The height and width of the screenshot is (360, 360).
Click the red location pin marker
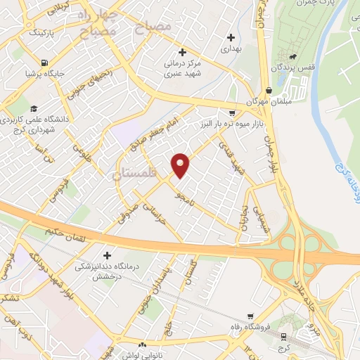pyautogui.click(x=181, y=165)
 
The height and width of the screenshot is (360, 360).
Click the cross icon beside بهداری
pyautogui.click(x=231, y=37)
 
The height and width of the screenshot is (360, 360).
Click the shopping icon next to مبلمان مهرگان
pyautogui.click(x=270, y=89)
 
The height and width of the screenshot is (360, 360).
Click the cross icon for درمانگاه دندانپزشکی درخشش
pyautogui.click(x=107, y=255)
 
